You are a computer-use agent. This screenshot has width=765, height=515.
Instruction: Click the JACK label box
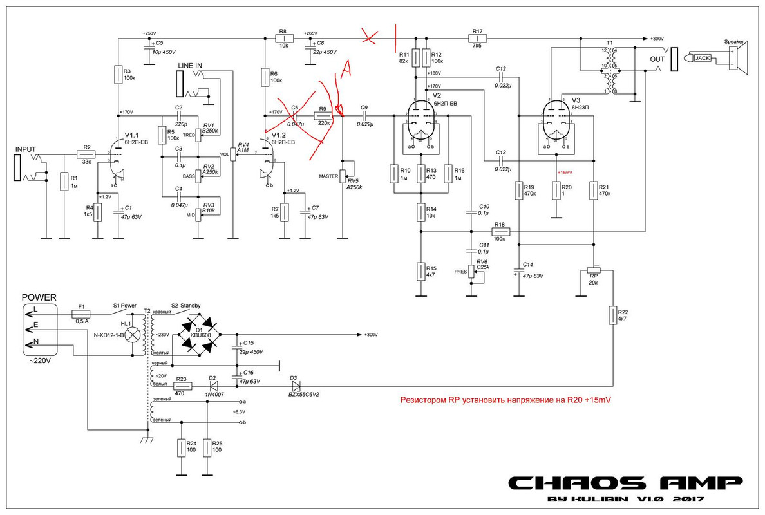pyautogui.click(x=702, y=58)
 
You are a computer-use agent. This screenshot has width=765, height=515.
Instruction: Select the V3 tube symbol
pyautogui.click(x=555, y=121)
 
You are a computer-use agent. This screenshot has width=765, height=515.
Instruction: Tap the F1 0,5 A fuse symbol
pyautogui.click(x=81, y=314)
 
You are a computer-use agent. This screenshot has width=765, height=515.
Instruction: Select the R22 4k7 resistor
pyautogui.click(x=612, y=316)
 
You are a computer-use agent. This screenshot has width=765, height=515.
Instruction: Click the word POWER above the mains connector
pyautogui.click(x=39, y=297)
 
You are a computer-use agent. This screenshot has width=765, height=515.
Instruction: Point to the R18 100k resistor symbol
pyautogui.click(x=500, y=231)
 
